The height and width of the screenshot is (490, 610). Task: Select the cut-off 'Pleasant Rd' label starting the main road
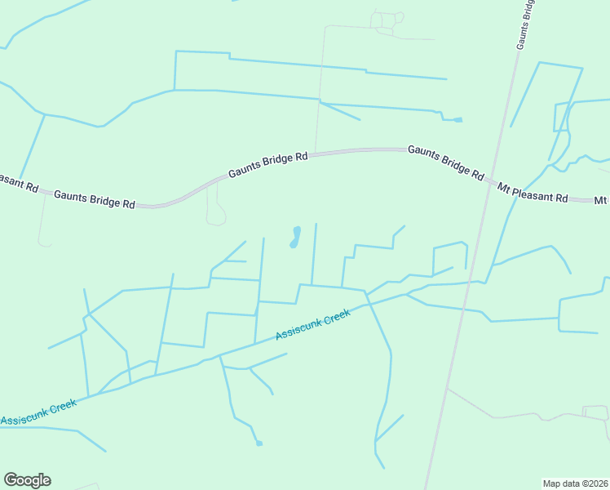pyautogui.click(x=18, y=182)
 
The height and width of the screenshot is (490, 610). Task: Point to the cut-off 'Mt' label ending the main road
pyautogui.click(x=601, y=200)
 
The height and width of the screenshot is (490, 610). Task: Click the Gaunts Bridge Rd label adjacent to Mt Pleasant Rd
pyautogui.click(x=445, y=162)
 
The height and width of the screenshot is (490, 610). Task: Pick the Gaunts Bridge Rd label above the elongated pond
pyautogui.click(x=267, y=164)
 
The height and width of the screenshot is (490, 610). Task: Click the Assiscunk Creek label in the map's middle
pyautogui.click(x=312, y=325)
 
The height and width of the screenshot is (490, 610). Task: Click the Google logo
pyautogui.click(x=27, y=480)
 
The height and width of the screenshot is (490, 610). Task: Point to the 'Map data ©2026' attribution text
pyautogui.click(x=576, y=483)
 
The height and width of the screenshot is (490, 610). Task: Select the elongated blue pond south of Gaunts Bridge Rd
pyautogui.click(x=294, y=237)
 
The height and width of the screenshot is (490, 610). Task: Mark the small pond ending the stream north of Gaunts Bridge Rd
pyautogui.click(x=457, y=120)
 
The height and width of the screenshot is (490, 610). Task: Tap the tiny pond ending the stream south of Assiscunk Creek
pyautogui.click(x=259, y=443)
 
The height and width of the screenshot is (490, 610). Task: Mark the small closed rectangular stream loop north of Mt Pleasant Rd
pyautogui.click(x=560, y=117)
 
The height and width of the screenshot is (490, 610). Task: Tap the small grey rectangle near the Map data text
pyautogui.click(x=595, y=411)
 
